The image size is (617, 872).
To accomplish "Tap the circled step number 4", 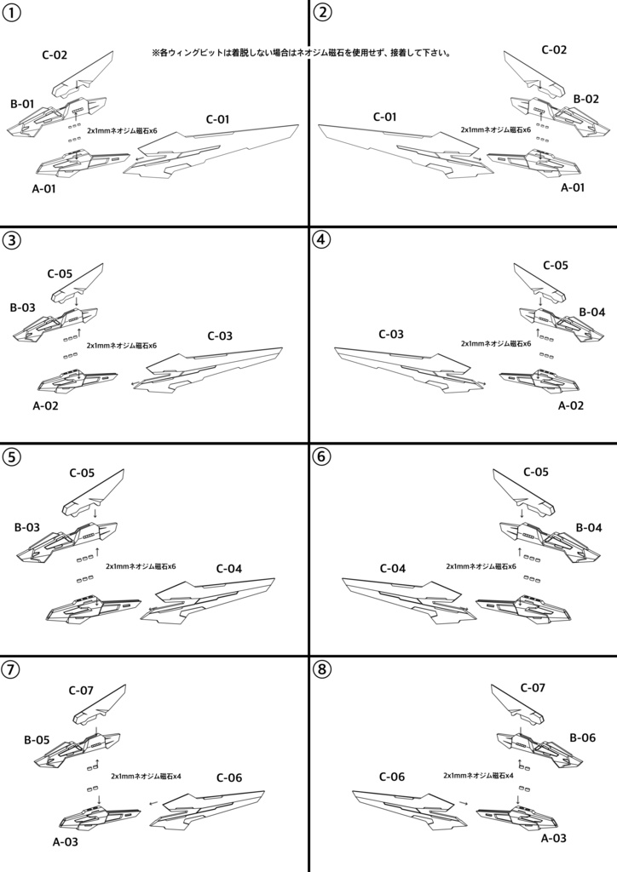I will click(x=321, y=239).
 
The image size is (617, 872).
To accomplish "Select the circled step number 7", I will click(x=12, y=668).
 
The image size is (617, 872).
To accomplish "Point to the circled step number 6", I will click(x=321, y=456).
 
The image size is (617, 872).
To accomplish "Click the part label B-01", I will click(x=22, y=104).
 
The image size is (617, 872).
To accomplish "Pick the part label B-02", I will click(x=586, y=99).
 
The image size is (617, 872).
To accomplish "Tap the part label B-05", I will click(x=37, y=740).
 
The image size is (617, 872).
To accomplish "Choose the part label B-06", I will click(x=582, y=737).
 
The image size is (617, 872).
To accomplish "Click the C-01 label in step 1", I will click(x=218, y=119).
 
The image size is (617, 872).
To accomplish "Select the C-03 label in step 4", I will click(x=391, y=334).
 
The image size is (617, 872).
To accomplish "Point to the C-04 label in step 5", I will click(x=229, y=568).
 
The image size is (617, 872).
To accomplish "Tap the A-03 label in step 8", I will click(x=554, y=838).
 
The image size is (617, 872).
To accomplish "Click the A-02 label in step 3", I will click(x=45, y=405).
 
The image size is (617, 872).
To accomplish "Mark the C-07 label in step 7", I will click(x=81, y=690).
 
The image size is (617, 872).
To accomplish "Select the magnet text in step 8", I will click(x=478, y=776).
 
